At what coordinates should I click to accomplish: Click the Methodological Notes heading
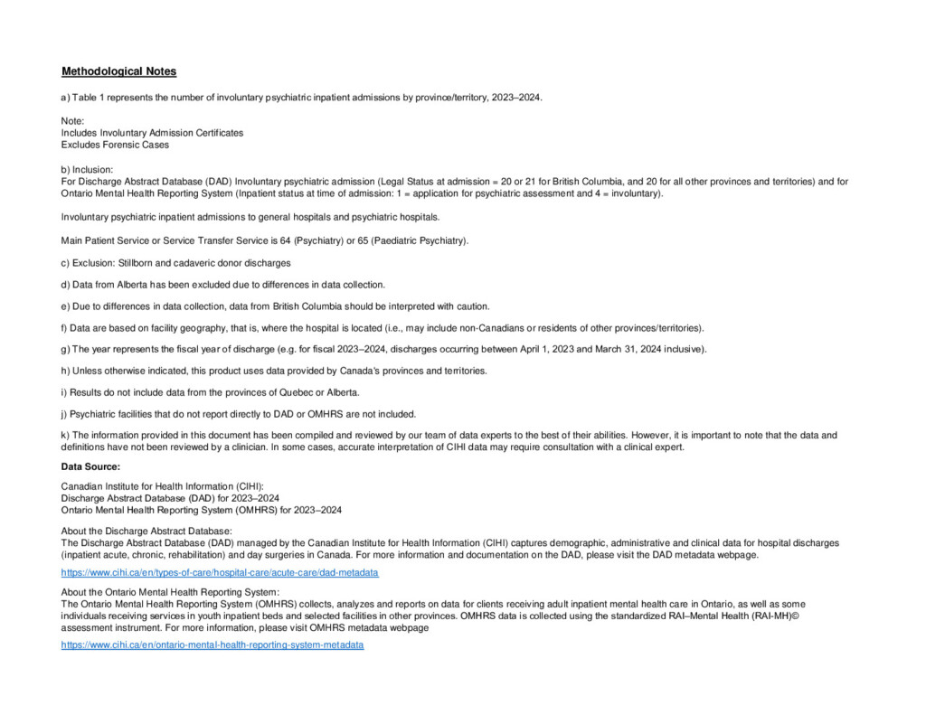click(x=118, y=71)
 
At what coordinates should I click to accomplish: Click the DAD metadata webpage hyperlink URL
click(x=219, y=573)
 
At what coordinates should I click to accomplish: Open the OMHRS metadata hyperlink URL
click(x=212, y=645)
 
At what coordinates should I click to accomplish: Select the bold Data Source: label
click(x=90, y=466)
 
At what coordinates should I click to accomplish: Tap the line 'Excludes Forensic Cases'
click(x=115, y=145)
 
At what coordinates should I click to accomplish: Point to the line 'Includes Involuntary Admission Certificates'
click(x=152, y=133)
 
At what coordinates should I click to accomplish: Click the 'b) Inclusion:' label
click(x=87, y=169)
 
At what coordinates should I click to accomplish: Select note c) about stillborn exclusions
click(x=175, y=263)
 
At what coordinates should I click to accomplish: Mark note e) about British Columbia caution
click(x=275, y=306)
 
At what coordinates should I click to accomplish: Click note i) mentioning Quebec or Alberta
click(x=210, y=392)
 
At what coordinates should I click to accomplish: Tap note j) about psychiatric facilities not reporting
click(x=239, y=414)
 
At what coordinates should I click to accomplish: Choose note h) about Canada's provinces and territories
click(x=274, y=371)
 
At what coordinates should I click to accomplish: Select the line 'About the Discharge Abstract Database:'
click(x=146, y=531)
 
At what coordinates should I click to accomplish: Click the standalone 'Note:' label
click(x=72, y=120)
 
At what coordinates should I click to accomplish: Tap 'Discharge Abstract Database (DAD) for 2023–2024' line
click(x=170, y=498)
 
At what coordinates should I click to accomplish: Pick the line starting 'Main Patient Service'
click(x=265, y=240)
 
